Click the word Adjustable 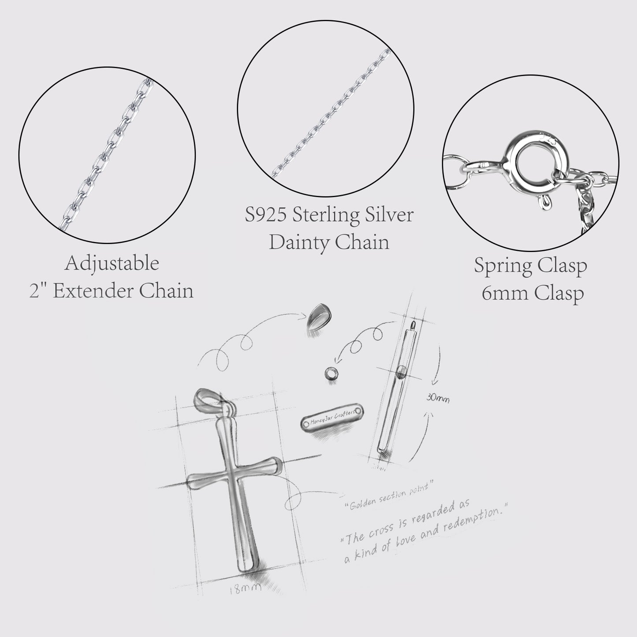coord(112,264)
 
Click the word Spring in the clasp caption coord(501,266)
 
